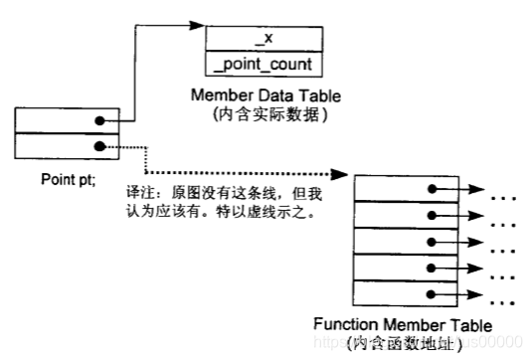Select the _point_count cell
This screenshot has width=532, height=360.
tap(264, 64)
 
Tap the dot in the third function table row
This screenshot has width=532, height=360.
tap(432, 243)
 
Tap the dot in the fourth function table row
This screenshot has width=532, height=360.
tap(432, 270)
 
